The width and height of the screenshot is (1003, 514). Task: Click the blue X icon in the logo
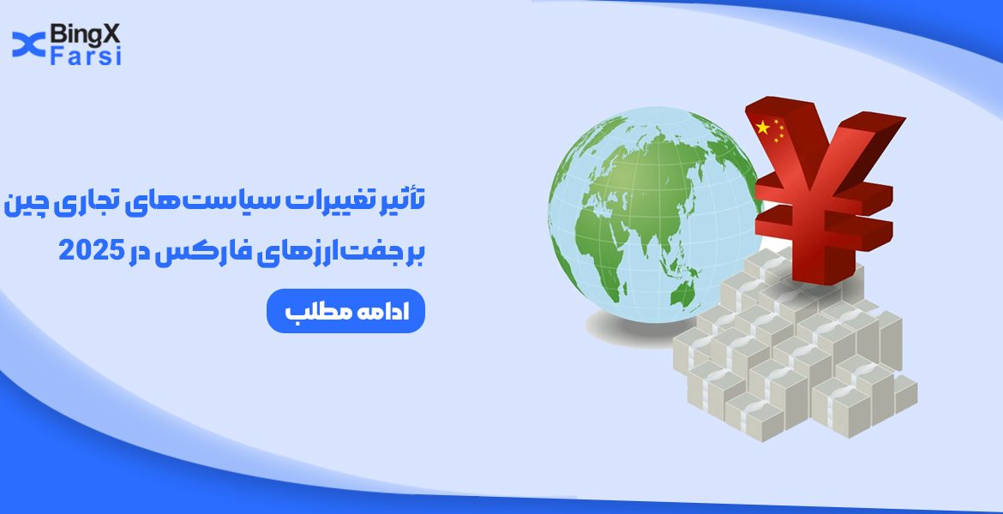pyautogui.click(x=28, y=44)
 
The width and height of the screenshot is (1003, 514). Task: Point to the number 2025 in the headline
pyautogui.click(x=90, y=250)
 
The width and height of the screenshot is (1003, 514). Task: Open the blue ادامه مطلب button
pyautogui.click(x=345, y=312)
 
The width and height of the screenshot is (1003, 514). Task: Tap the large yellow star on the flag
pyautogui.click(x=762, y=128)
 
